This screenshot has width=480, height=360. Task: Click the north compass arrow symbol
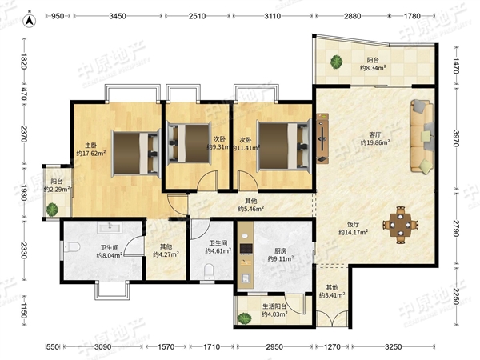[x=30, y=20]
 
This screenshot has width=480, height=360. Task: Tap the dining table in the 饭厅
[x=400, y=225]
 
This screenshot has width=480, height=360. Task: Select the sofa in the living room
[x=422, y=135]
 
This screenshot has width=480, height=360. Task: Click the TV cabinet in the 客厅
[x=322, y=138]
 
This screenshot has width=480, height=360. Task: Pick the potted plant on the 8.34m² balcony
[x=336, y=62]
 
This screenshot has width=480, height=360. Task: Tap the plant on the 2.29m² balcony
[x=52, y=210]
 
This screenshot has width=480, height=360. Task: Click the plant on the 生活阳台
[x=245, y=318]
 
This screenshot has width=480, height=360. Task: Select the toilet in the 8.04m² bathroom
[x=72, y=246]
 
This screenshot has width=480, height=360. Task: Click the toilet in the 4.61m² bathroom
[x=209, y=270]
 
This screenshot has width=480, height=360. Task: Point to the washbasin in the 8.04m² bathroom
[x=110, y=227]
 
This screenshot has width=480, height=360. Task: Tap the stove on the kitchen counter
[x=246, y=249]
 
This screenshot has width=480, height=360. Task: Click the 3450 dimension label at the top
[x=118, y=16]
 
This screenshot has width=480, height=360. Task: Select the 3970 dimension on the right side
[x=456, y=138]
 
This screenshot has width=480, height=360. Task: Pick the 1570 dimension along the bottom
[x=166, y=347]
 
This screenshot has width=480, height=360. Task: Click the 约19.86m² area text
[x=375, y=142]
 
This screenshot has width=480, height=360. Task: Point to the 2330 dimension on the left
[x=24, y=250]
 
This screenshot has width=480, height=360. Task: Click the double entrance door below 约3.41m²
[x=332, y=318]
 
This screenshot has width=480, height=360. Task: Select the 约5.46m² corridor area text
[x=251, y=209]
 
